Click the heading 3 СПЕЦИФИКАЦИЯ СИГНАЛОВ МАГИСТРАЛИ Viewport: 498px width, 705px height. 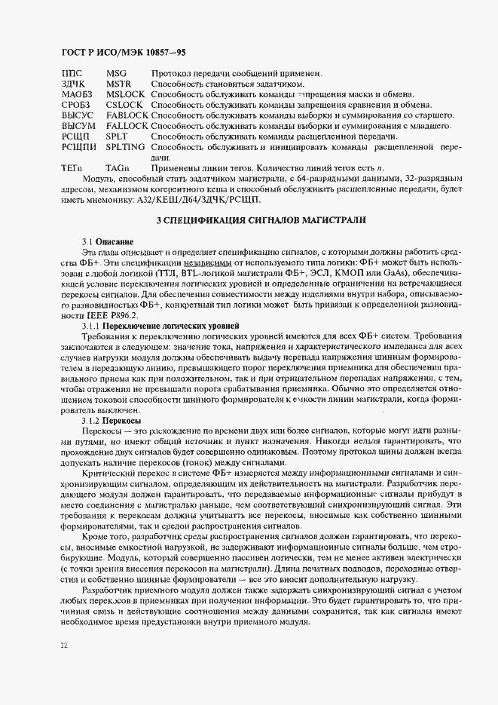[260, 220]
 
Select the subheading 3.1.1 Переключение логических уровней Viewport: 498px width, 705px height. [160, 324]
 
